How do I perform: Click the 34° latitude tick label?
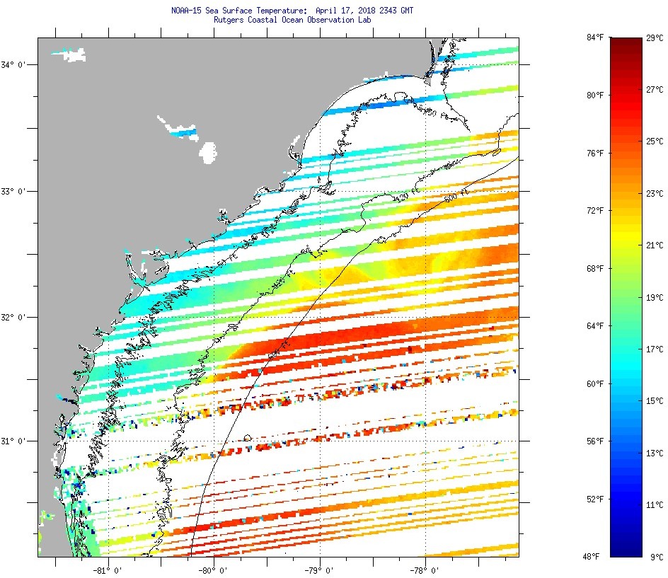(x=13, y=65)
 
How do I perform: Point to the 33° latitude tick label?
(x=13, y=192)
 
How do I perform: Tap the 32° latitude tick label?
(x=13, y=318)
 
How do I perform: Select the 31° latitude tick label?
(x=13, y=441)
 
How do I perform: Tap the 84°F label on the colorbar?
(x=595, y=37)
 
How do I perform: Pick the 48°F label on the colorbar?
(x=595, y=557)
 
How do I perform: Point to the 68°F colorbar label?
(x=595, y=268)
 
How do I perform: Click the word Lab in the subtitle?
(x=365, y=20)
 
